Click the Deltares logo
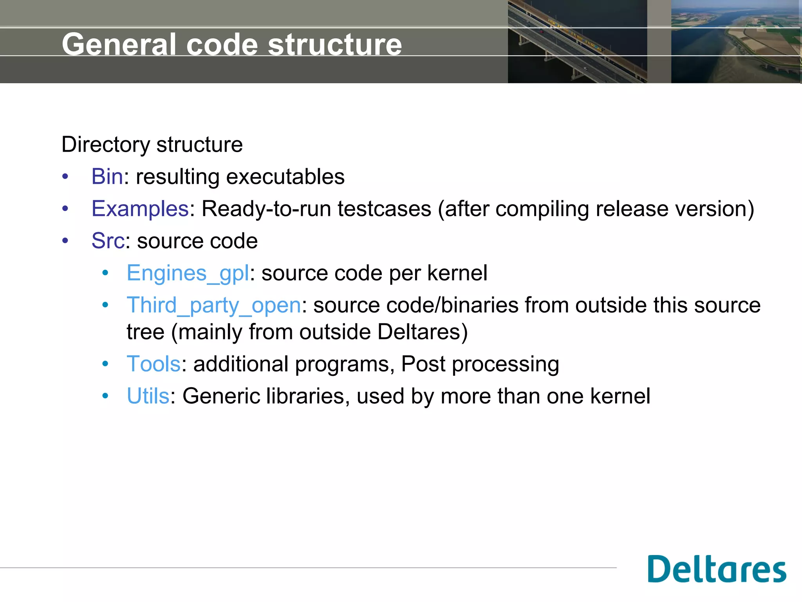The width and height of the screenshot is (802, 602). tap(717, 569)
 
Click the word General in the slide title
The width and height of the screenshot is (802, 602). tap(119, 44)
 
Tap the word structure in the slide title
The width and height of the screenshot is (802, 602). tap(335, 44)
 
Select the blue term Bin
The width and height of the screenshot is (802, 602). tap(107, 177)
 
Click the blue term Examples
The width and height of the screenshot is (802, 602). tap(140, 209)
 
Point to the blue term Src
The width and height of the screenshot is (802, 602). tap(108, 241)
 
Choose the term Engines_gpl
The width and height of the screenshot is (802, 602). tap(188, 273)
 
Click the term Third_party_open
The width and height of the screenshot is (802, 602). tap(213, 305)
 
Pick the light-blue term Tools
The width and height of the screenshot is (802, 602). tap(154, 364)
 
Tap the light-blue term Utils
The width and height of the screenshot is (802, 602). tap(148, 396)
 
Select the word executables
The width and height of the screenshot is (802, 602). tap(285, 177)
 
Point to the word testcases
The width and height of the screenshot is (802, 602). tap(384, 209)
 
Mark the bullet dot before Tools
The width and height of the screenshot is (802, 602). tap(105, 364)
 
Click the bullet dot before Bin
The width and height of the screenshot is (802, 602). tap(65, 177)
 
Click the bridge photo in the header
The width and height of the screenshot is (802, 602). tap(577, 42)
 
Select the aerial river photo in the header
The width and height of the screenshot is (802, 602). tap(735, 42)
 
